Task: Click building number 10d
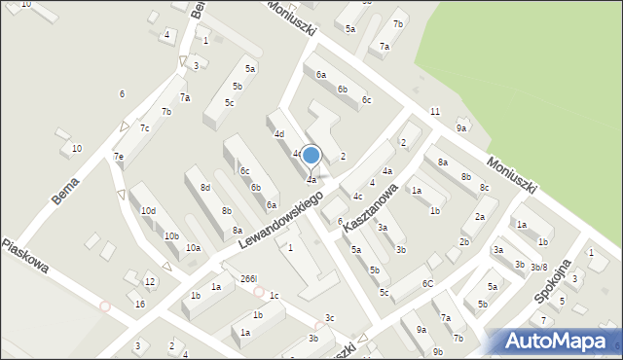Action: coord(148,210)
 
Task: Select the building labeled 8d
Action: coord(204,187)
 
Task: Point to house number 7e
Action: coord(118,157)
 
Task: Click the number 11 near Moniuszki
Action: coord(434,112)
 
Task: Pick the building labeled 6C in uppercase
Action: coord(427,283)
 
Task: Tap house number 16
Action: coord(140,305)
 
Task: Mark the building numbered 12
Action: coord(149,282)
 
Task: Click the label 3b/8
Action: coord(539,267)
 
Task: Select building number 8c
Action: coord(484,187)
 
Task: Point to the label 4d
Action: coord(278,133)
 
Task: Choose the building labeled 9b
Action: coord(438,351)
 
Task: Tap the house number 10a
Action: coord(193,248)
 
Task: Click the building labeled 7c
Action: coord(144,127)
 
